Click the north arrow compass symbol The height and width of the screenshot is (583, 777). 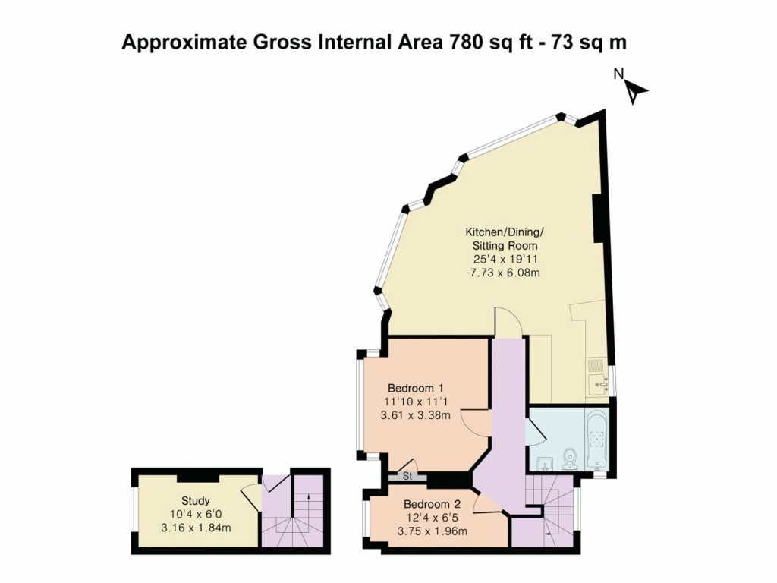634,90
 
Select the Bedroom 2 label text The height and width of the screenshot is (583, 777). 432,504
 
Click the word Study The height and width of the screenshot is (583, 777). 195,501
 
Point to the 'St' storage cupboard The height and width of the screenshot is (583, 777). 407,477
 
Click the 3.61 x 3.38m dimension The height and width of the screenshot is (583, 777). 415,414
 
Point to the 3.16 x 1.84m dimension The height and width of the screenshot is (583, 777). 196,528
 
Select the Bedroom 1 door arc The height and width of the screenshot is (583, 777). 476,422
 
